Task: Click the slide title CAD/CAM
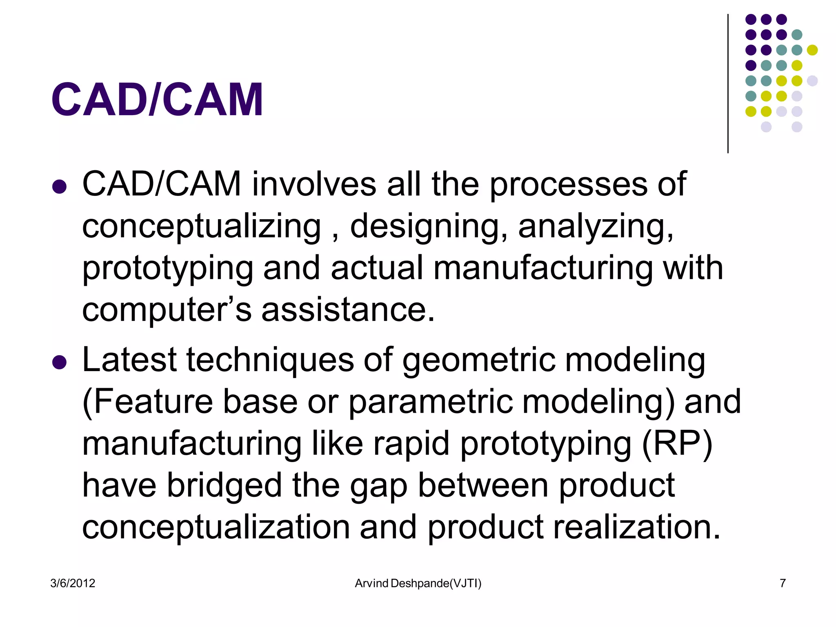pos(157,100)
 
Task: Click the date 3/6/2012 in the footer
pos(73,583)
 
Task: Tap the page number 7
pos(783,583)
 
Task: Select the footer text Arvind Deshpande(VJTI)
pos(418,583)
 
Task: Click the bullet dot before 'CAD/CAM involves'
pos(60,187)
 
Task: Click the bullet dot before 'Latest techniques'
pos(60,362)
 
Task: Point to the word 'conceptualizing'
pos(202,227)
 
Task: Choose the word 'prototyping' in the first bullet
pos(168,269)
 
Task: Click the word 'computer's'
pos(167,310)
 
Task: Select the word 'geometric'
pos(478,361)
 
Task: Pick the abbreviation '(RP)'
pos(677,444)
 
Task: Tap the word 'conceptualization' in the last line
pos(216,528)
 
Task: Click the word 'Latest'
pos(129,360)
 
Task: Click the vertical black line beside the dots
pos(728,84)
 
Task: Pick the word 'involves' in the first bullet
pos(314,185)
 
